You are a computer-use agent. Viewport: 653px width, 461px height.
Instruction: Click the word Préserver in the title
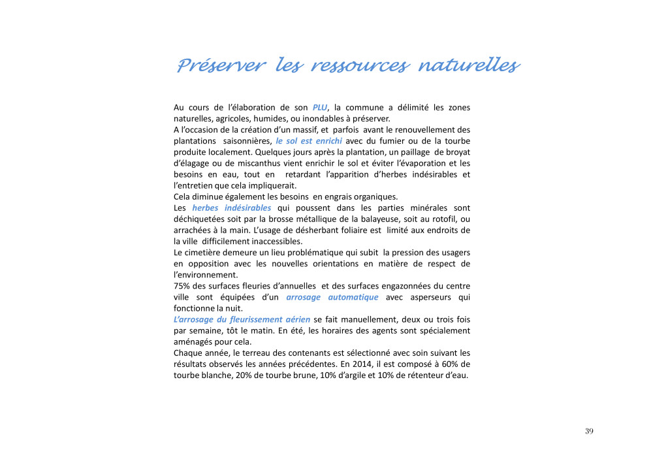[x=221, y=66]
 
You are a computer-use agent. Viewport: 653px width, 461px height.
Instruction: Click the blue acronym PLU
[x=319, y=107]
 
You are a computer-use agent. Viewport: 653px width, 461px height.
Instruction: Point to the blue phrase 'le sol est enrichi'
[x=309, y=141]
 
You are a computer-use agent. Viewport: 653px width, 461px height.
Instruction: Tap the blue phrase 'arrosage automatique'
[x=332, y=297]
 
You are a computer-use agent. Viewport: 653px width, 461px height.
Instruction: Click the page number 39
[x=589, y=431]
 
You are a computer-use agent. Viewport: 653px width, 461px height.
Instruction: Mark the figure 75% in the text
[x=182, y=286]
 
